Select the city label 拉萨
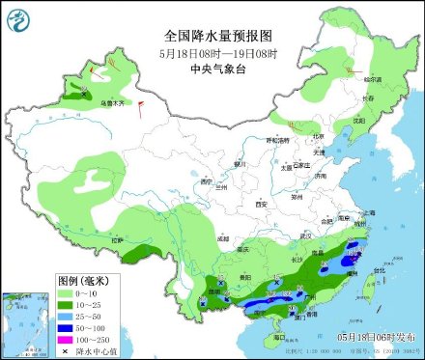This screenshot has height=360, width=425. [x=118, y=239]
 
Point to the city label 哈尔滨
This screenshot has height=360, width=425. [x=372, y=78]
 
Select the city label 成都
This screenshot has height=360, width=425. [x=224, y=236]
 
